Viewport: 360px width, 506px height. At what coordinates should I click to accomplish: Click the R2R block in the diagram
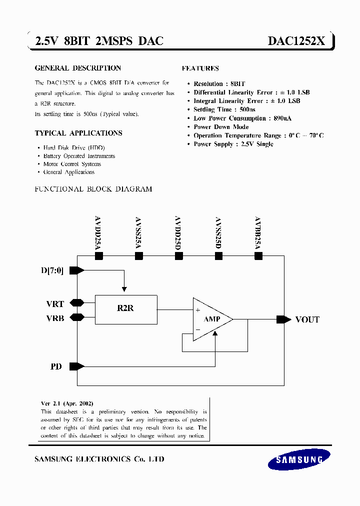pyautogui.click(x=125, y=308)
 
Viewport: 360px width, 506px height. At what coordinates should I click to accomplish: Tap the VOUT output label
pyautogui.click(x=307, y=319)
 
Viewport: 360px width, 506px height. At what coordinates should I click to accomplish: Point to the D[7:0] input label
pyautogui.click(x=52, y=270)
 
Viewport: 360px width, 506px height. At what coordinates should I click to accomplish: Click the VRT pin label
pyautogui.click(x=55, y=303)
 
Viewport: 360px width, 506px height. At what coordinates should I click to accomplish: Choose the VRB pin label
pyautogui.click(x=55, y=318)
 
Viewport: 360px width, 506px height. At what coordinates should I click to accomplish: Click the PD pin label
pyautogui.click(x=56, y=366)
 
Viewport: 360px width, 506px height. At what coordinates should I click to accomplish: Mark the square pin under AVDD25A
pyautogui.click(x=98, y=256)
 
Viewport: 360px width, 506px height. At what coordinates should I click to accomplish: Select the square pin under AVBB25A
pyautogui.click(x=258, y=256)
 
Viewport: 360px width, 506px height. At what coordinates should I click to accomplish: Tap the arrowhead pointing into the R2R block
pyautogui.click(x=124, y=289)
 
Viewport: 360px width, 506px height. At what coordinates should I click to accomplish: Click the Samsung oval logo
pyautogui.click(x=299, y=459)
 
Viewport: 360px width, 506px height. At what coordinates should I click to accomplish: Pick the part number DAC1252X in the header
pyautogui.click(x=297, y=41)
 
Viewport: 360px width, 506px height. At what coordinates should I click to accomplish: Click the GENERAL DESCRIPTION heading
pyautogui.click(x=77, y=68)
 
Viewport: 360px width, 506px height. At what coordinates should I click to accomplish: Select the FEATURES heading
pyautogui.click(x=200, y=68)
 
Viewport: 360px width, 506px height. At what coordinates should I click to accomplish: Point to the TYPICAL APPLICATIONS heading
pyautogui.click(x=78, y=133)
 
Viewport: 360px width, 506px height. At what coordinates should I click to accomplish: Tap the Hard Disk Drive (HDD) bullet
pyautogui.click(x=74, y=148)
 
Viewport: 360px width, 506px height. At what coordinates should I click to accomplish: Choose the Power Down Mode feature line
pyautogui.click(x=221, y=127)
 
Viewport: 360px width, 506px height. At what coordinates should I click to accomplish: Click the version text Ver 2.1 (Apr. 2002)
pyautogui.click(x=67, y=403)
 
